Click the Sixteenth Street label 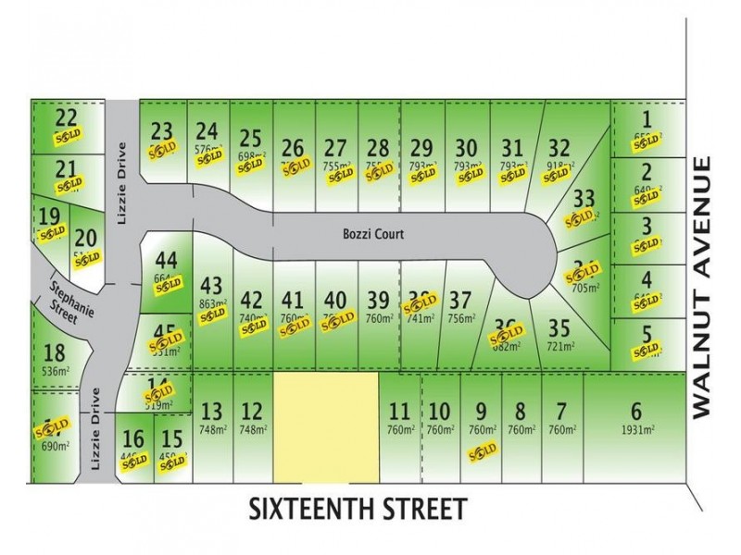357,509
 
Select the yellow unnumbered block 326,426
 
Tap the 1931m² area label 635,429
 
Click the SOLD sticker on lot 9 482,450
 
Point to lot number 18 55,351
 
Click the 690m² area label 56,447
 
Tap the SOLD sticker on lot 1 646,141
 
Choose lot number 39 377,300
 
